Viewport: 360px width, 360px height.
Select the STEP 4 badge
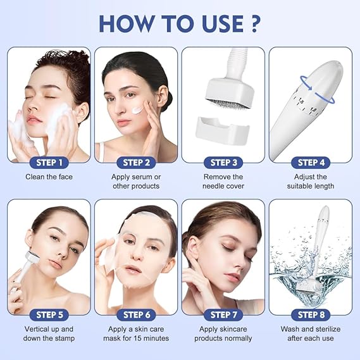(311, 163)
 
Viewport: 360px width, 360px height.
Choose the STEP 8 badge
(311, 314)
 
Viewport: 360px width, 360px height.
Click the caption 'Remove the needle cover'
(223, 182)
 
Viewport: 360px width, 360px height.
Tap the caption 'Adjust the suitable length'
(311, 182)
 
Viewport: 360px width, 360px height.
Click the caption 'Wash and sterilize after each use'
(311, 333)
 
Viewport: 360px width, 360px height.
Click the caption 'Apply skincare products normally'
(223, 333)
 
